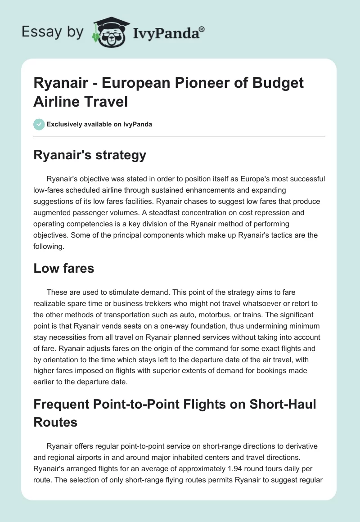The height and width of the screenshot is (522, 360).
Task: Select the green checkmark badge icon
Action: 39,124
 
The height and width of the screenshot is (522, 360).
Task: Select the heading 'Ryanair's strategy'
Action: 90,155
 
